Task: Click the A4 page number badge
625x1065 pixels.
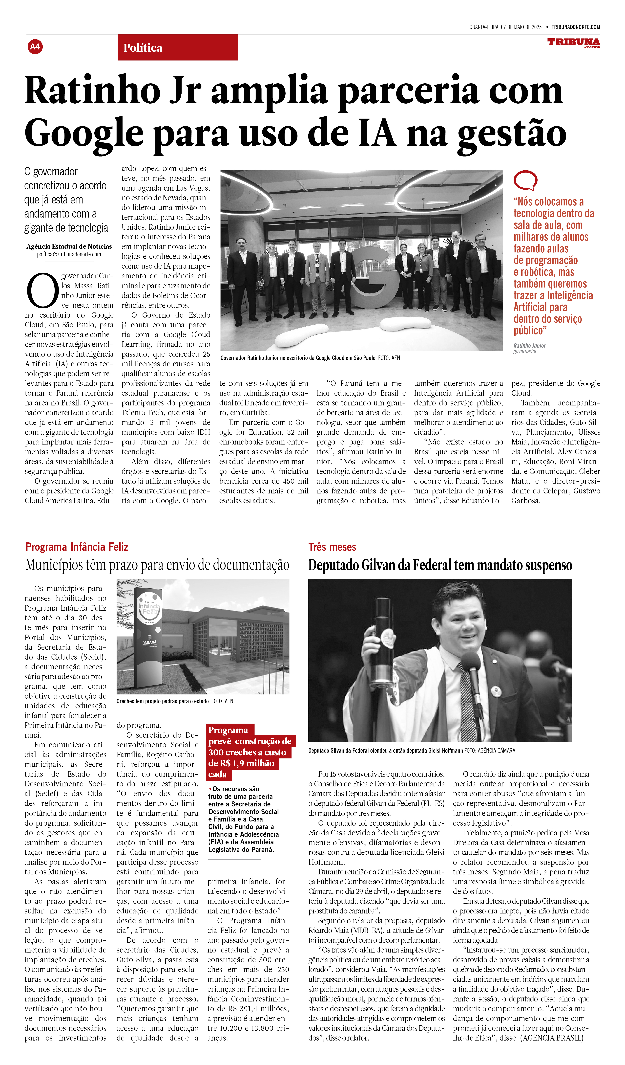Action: pyautogui.click(x=35, y=46)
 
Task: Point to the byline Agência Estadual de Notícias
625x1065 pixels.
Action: pyautogui.click(x=69, y=246)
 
